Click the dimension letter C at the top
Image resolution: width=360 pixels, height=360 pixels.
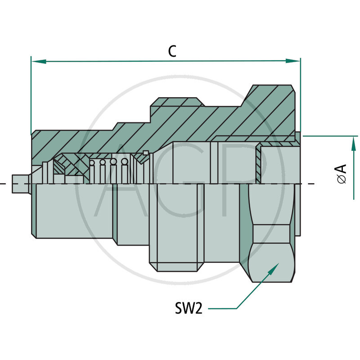pos(172,51)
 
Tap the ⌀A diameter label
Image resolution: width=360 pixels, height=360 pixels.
pos(342,173)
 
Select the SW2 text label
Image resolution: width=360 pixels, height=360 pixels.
pos(188,308)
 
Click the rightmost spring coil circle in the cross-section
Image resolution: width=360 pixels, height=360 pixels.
pos(125,162)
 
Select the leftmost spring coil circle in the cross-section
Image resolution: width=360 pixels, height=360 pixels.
pos(94,163)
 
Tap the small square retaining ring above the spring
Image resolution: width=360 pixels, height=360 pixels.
pos(145,153)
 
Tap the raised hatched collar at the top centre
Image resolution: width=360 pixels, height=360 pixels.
pos(175,104)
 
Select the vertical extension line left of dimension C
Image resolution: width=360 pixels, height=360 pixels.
pos(31,94)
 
